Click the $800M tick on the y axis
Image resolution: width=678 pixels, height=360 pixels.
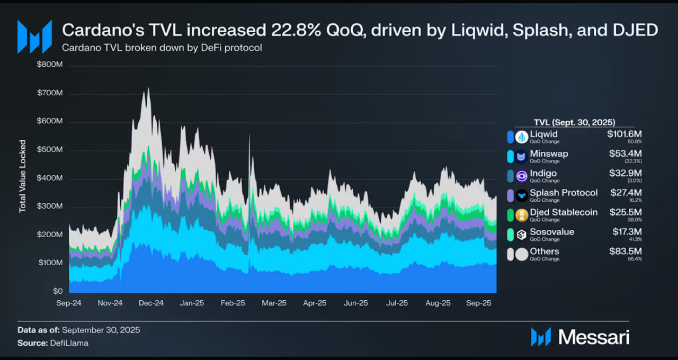[50, 65]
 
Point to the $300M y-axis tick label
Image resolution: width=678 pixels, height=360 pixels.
[50, 206]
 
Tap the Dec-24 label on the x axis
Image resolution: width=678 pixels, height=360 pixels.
[151, 303]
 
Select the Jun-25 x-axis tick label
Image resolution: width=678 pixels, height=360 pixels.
[355, 303]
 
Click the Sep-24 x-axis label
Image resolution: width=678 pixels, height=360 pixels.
[69, 303]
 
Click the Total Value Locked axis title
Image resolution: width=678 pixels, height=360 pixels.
[23, 177]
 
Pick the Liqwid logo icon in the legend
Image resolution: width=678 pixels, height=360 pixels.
[522, 137]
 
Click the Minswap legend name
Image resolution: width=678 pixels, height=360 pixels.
[549, 154]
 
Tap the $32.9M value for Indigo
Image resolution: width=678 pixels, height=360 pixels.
[625, 174]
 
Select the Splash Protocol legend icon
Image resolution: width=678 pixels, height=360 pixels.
[522, 195]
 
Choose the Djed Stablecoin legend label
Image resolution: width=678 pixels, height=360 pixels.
[564, 212]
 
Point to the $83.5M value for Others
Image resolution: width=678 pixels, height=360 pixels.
[625, 251]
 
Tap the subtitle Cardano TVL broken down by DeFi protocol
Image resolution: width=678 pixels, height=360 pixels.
[162, 48]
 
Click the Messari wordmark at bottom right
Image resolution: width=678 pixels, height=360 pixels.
[594, 337]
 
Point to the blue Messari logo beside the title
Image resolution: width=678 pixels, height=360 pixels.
[34, 37]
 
